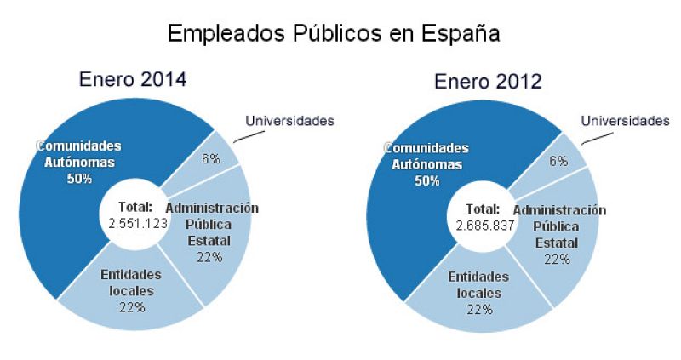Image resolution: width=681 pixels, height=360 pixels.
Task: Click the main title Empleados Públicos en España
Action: (x=333, y=33)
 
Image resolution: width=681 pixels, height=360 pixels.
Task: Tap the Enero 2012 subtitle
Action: (x=488, y=82)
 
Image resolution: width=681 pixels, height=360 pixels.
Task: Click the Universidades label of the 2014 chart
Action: (x=289, y=120)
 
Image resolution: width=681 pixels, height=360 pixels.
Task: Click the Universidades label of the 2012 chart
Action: (x=625, y=122)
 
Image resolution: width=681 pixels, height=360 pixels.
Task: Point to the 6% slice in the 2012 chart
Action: (x=558, y=161)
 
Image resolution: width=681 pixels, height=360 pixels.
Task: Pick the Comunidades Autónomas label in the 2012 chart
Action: (x=427, y=157)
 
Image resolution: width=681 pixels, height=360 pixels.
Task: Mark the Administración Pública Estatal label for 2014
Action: (x=211, y=222)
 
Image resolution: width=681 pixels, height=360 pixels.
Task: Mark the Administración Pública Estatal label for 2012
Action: (x=558, y=226)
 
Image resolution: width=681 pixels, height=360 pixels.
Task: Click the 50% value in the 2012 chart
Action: (x=427, y=181)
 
